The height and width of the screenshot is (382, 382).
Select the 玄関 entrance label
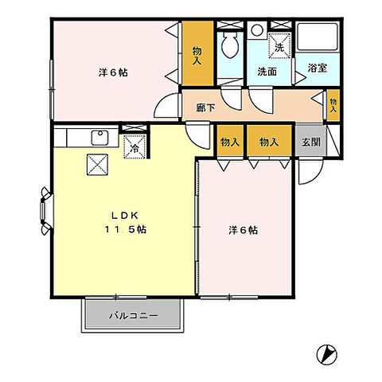click(310, 142)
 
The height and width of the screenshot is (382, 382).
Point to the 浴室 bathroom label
click(317, 69)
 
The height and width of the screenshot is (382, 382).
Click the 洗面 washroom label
click(267, 70)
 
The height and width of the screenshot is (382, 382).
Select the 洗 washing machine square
click(279, 46)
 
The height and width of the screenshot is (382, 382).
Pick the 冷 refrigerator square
click(134, 147)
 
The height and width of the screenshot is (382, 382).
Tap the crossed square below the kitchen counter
click(97, 165)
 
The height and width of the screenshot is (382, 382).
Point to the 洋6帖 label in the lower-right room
click(242, 231)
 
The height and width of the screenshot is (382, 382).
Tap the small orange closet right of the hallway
click(333, 104)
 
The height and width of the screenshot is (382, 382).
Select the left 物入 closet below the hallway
click(230, 142)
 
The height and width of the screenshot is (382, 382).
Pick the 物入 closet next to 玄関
click(269, 142)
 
